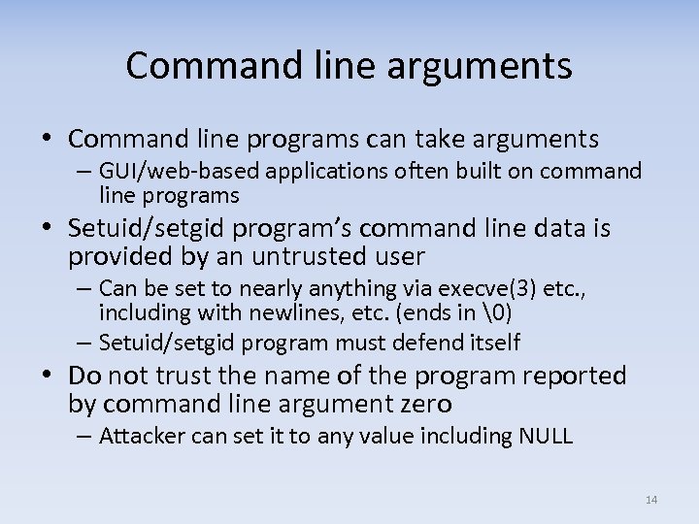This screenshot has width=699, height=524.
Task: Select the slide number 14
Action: tap(650, 500)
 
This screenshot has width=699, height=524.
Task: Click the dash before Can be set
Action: tap(84, 288)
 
